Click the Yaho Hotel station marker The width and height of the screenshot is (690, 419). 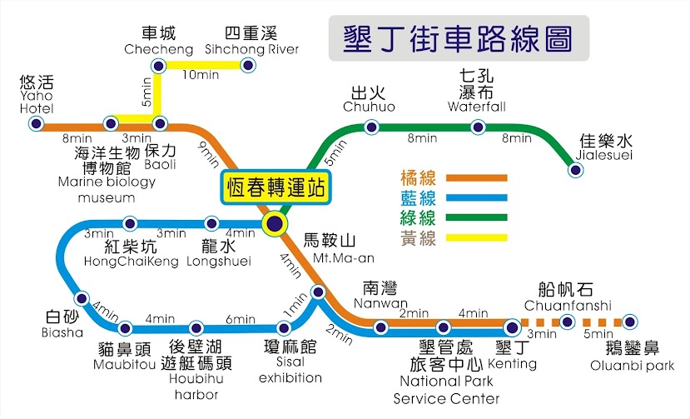(x=36, y=123)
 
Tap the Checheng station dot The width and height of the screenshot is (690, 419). (x=158, y=66)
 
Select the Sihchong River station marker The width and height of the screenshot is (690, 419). (x=248, y=66)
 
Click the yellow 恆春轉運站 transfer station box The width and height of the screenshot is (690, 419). (x=276, y=187)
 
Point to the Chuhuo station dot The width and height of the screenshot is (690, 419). (x=371, y=127)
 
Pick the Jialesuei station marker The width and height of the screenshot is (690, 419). (x=575, y=170)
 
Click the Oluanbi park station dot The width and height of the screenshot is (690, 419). (x=630, y=322)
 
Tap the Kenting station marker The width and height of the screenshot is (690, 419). (x=512, y=327)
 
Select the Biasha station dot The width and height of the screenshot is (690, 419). (x=82, y=299)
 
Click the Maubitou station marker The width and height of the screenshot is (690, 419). (x=125, y=328)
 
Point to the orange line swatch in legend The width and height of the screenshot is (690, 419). (x=477, y=178)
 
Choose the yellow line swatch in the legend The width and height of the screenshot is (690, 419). (x=477, y=238)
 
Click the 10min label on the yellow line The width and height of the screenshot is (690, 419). (x=201, y=75)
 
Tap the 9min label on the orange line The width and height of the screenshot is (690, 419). (x=209, y=155)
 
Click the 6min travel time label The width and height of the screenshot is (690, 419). (x=241, y=318)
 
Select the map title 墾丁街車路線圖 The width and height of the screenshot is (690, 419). (x=458, y=39)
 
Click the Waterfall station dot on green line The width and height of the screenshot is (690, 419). (x=478, y=127)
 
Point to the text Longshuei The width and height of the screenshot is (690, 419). (x=219, y=262)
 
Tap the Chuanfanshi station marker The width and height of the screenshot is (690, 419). (x=567, y=322)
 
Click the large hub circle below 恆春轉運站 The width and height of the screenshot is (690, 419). (x=275, y=223)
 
